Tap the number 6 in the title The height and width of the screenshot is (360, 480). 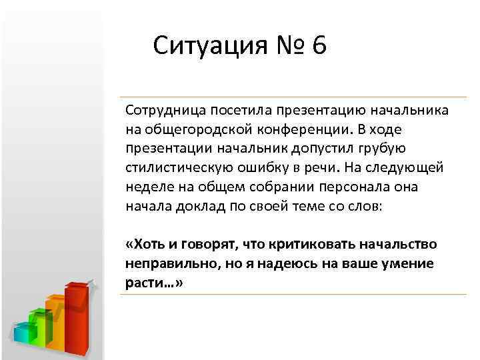[x=318, y=47]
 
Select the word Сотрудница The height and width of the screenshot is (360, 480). [x=162, y=109]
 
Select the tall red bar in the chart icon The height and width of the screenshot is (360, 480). [x=76, y=320]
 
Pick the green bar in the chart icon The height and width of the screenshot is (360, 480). [x=41, y=327]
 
